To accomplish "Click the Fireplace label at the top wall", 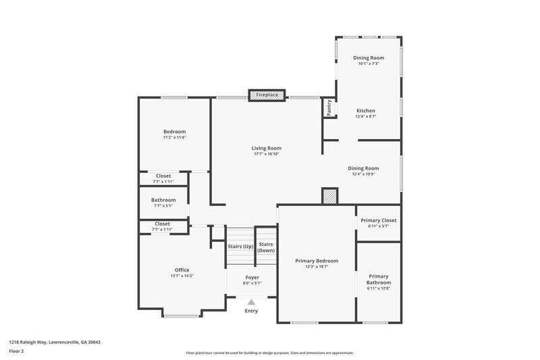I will pyautogui.click(x=267, y=95).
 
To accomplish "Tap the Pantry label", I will pyautogui.click(x=329, y=108).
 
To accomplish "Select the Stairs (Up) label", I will pyautogui.click(x=240, y=247).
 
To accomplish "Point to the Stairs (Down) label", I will pyautogui.click(x=266, y=247).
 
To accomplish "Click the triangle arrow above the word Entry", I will pyautogui.click(x=251, y=303).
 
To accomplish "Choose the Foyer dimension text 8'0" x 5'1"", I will pyautogui.click(x=252, y=283).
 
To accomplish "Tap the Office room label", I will pyautogui.click(x=182, y=270).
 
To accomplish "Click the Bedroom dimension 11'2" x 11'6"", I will pyautogui.click(x=174, y=138).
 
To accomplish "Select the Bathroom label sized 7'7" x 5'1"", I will pyautogui.click(x=163, y=200).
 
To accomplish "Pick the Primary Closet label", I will pyautogui.click(x=379, y=220).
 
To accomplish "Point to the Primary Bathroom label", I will pyautogui.click(x=379, y=279).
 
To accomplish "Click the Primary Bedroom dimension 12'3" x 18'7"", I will pyautogui.click(x=317, y=267).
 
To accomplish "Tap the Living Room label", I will pyautogui.click(x=266, y=148).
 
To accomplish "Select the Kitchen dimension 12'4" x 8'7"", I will pyautogui.click(x=366, y=116).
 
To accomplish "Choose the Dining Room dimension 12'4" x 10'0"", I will pyautogui.click(x=363, y=174).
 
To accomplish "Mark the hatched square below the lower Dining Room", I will pyautogui.click(x=329, y=196).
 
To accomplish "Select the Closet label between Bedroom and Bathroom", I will pyautogui.click(x=163, y=176).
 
